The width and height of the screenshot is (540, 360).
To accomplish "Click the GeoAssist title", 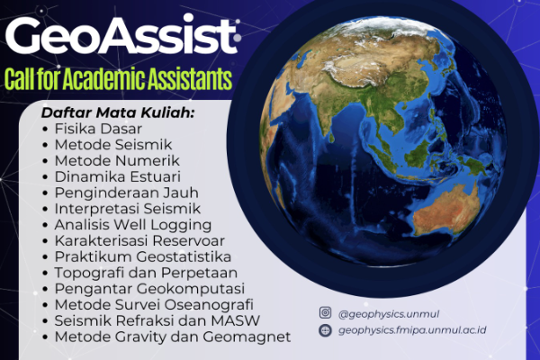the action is point(122,35).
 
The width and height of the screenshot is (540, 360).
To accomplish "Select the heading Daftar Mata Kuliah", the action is point(118,112).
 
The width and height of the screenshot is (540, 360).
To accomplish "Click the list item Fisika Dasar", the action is point(98,129).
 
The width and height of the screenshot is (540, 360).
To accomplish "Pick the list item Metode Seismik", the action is point(113,145).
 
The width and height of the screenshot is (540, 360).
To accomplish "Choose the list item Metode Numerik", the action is point(117,161).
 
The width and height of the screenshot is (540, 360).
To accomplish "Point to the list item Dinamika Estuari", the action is point(117,176).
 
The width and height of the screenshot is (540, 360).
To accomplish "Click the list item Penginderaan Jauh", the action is point(126,193).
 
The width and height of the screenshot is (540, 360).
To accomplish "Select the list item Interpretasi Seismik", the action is point(128,209).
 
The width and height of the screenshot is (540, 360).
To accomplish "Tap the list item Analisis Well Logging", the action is point(133,225).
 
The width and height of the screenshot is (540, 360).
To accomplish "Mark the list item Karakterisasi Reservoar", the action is point(139,241).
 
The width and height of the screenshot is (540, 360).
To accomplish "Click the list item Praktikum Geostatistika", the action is point(142,257).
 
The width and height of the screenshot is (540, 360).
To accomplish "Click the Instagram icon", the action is point(325,313).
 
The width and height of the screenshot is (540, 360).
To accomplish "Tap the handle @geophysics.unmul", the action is point(389,314).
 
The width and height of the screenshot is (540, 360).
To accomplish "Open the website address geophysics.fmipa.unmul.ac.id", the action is point(412,330).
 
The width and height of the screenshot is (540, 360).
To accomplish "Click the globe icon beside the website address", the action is point(325,330).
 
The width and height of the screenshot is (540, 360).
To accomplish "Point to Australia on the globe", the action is point(447,209).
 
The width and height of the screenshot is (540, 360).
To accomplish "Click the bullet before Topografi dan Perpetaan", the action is point(45,274).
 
